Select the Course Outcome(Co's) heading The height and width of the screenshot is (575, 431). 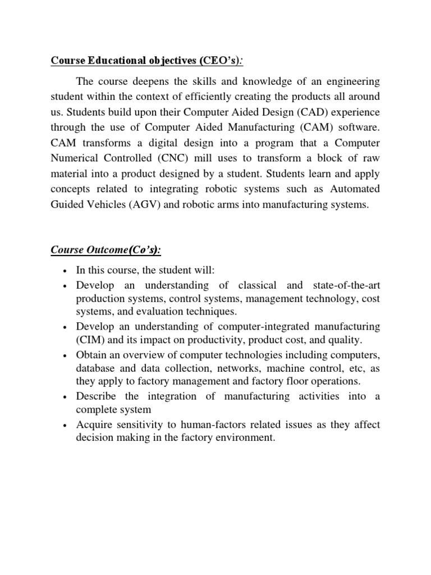tap(102, 249)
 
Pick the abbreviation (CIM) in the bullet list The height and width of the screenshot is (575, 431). tap(90, 340)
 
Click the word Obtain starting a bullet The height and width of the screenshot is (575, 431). tap(92, 355)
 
